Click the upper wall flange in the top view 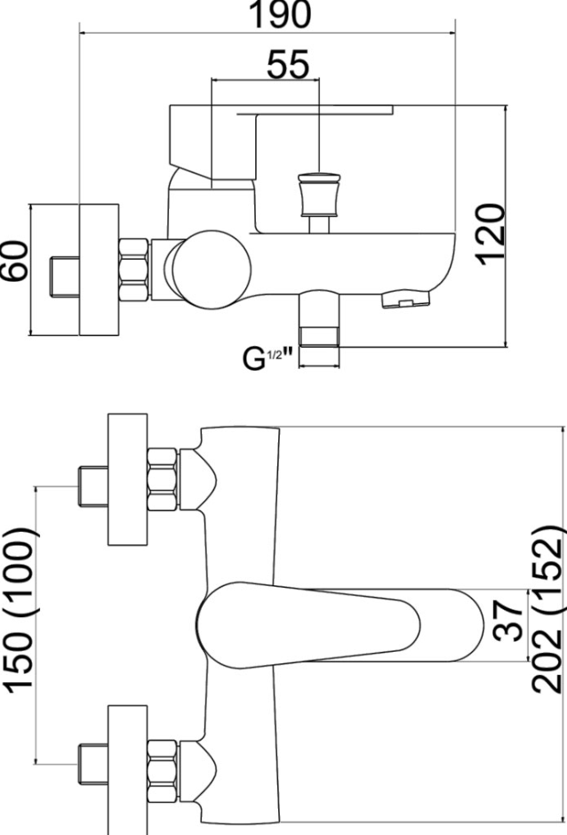(126, 480)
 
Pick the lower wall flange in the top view (126, 765)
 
